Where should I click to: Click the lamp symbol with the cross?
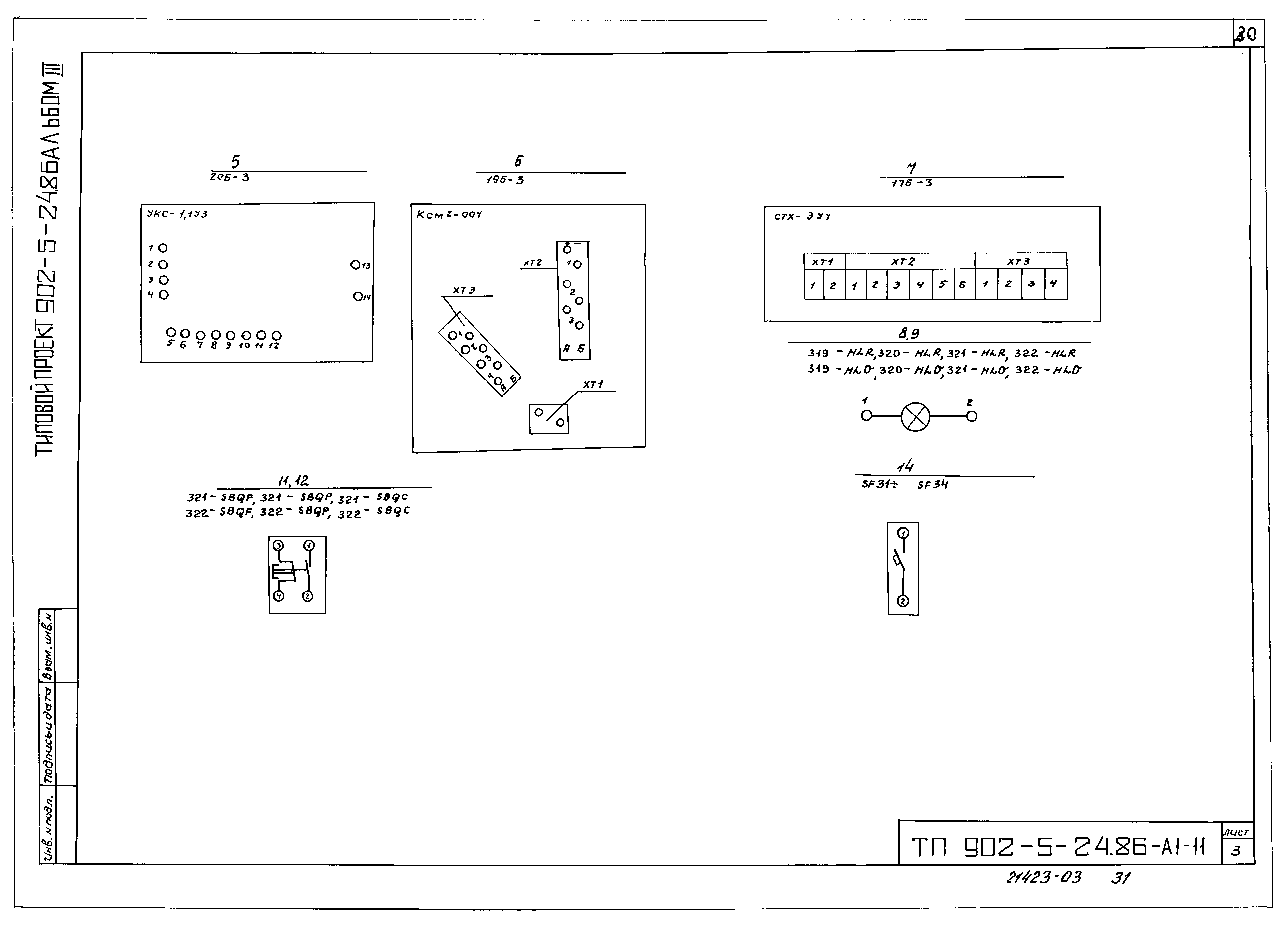tap(915, 417)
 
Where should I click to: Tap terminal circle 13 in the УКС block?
tap(355, 264)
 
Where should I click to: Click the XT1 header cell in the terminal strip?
tap(824, 262)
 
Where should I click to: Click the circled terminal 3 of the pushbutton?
tap(278, 545)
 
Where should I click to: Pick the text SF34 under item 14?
tap(932, 485)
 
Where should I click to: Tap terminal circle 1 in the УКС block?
tap(163, 248)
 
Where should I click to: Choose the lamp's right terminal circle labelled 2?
tap(972, 417)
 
